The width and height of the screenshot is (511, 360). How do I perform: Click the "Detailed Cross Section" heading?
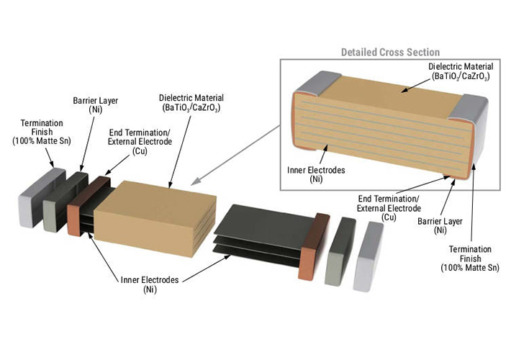(x=389, y=53)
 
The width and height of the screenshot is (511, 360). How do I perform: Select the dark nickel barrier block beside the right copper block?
(x=341, y=248)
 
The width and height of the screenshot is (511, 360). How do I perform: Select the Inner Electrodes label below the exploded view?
(x=150, y=284)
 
